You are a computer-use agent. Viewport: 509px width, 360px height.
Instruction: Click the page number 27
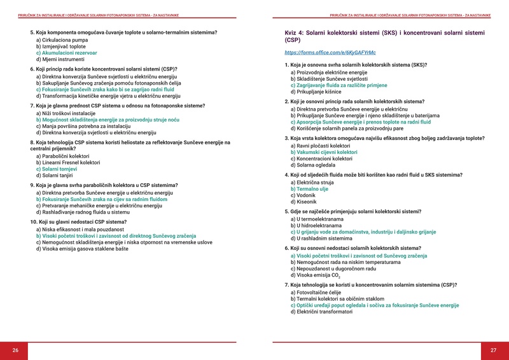click(x=493, y=350)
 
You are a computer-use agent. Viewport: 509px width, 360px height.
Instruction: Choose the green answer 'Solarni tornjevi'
click(x=65, y=169)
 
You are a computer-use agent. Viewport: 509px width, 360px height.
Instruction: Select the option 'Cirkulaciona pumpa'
click(x=64, y=40)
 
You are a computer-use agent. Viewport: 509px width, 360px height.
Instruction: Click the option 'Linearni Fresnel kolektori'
click(x=71, y=163)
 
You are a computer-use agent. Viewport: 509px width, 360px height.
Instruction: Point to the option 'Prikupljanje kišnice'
click(x=320, y=92)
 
